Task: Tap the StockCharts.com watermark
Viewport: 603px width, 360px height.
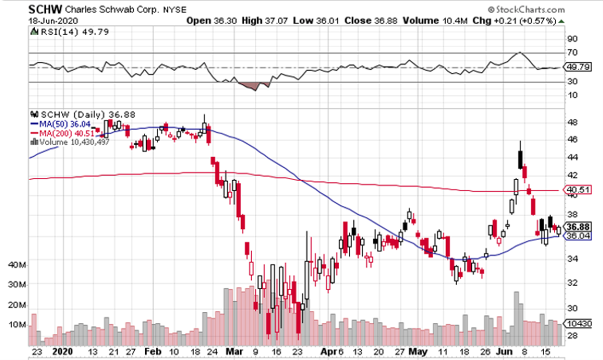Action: [527, 9]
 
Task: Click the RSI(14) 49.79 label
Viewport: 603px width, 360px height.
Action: [57, 32]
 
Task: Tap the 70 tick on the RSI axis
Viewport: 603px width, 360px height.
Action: [572, 53]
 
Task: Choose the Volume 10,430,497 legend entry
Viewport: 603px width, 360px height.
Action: [70, 142]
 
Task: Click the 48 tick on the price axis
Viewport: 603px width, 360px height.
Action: [572, 122]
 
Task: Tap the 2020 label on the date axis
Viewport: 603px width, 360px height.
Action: [63, 351]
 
